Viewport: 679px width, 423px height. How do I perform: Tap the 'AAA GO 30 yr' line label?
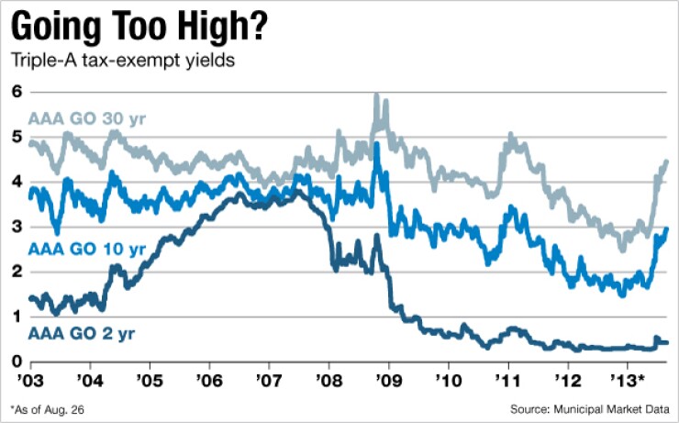87,118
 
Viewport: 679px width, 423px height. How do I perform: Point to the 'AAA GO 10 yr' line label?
87,249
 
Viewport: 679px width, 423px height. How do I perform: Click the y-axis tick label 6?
16,92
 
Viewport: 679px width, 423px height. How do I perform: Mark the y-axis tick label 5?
16,137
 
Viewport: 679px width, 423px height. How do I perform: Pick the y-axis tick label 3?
16,227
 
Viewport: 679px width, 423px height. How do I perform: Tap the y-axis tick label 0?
16,362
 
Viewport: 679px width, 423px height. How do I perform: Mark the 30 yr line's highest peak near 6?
376,95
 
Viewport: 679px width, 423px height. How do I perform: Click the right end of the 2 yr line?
667,342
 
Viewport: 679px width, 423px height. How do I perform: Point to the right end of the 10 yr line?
667,228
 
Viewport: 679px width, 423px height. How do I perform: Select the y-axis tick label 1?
16,317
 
